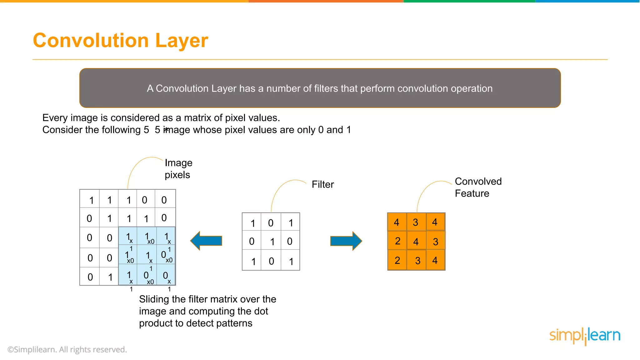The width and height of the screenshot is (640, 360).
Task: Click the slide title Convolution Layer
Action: pyautogui.click(x=120, y=41)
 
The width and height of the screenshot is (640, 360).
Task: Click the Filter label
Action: pyautogui.click(x=322, y=184)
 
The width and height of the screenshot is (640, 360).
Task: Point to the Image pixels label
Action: pyautogui.click(x=178, y=169)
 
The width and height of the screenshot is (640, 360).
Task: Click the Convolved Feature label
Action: pyautogui.click(x=478, y=187)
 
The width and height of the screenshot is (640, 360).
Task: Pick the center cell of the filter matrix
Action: pyautogui.click(x=271, y=241)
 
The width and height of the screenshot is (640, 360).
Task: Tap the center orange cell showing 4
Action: pyautogui.click(x=416, y=241)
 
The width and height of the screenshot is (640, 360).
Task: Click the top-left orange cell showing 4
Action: pyautogui.click(x=397, y=222)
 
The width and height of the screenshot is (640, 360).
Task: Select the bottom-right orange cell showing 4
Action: pyautogui.click(x=435, y=260)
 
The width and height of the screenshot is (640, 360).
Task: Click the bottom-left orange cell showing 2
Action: pyautogui.click(x=397, y=260)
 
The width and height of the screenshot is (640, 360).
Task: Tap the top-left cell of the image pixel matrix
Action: pyautogui.click(x=90, y=199)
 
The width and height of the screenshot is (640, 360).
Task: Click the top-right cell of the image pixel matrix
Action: pyautogui.click(x=165, y=199)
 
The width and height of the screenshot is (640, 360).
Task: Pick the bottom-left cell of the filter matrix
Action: pyautogui.click(x=252, y=261)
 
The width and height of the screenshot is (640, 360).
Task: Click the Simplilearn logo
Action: pyautogui.click(x=585, y=336)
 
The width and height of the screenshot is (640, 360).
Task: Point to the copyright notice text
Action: pyautogui.click(x=67, y=349)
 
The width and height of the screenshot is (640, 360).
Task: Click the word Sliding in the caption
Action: pyautogui.click(x=154, y=299)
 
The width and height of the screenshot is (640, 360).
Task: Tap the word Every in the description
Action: pyautogui.click(x=55, y=118)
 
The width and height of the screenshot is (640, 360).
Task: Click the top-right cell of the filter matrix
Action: pyautogui.click(x=290, y=222)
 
